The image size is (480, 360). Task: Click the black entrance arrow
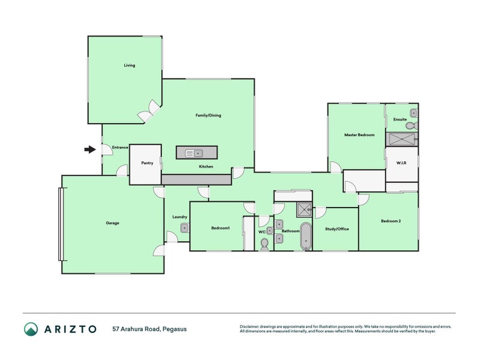click(90, 149)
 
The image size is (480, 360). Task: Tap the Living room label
click(130, 65)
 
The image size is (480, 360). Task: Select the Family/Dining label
click(208, 115)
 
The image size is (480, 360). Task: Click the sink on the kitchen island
click(194, 153)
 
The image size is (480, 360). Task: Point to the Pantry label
click(147, 163)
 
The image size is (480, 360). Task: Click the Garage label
click(112, 223)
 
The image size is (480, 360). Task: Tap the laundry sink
click(185, 228)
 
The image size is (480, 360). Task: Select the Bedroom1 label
click(220, 228)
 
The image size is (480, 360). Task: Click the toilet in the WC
click(265, 244)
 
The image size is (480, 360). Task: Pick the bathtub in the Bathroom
click(306, 236)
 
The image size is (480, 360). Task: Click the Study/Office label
click(337, 229)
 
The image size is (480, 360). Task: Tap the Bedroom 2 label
click(391, 221)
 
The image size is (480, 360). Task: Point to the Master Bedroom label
click(359, 134)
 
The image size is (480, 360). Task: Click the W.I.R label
click(401, 163)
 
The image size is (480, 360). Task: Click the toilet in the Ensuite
click(412, 125)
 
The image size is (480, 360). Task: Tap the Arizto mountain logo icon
click(31, 329)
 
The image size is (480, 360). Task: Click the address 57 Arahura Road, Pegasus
click(149, 329)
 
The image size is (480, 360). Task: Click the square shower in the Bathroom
click(304, 209)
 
